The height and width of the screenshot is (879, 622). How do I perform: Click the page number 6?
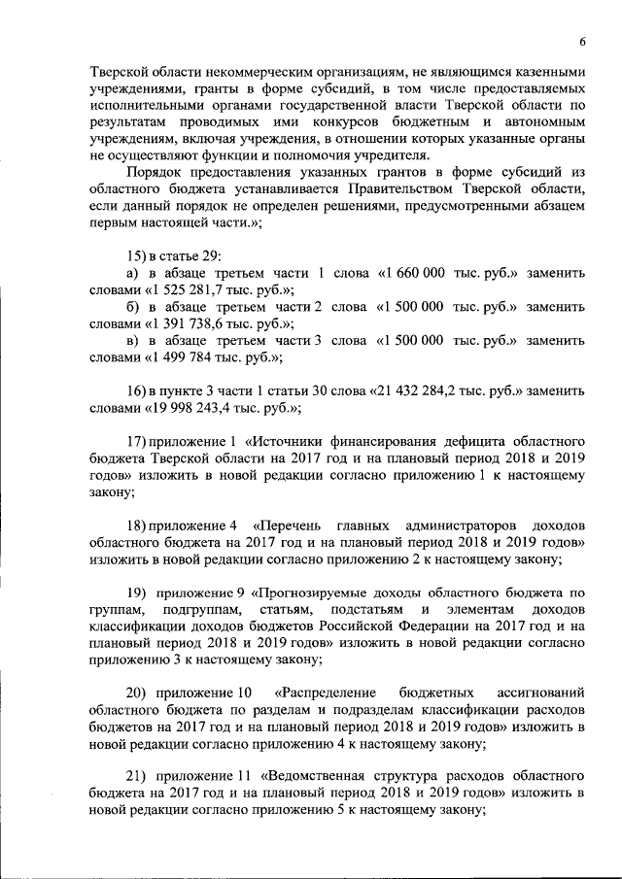click(x=581, y=42)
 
